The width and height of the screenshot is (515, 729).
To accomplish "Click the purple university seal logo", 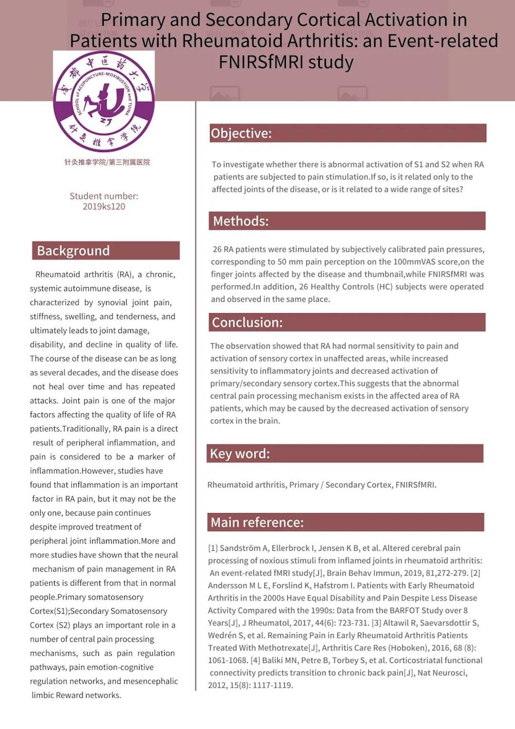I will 104,101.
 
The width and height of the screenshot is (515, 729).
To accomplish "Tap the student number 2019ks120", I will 104,207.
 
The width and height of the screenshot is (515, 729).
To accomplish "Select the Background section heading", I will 73,251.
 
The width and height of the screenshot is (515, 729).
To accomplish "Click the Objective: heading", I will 241,133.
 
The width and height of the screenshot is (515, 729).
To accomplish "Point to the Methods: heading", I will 241,221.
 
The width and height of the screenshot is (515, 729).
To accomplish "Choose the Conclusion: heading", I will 247,323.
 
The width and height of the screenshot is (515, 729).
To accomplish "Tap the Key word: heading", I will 240,453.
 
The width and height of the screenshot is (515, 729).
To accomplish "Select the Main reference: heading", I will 257,522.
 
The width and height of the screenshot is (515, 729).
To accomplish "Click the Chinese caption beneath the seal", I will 107,162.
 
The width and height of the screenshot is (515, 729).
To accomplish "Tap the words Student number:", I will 104,196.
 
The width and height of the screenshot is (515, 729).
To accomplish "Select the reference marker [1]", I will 213,548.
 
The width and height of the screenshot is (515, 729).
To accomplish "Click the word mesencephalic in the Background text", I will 151,681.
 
